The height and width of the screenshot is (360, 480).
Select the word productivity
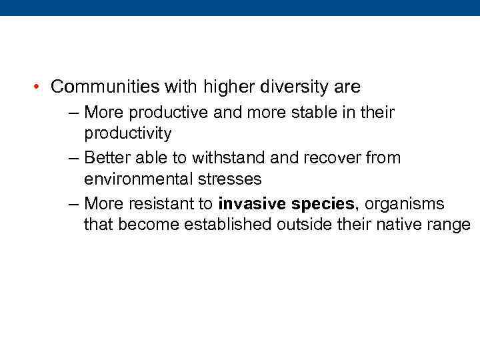pos(127,133)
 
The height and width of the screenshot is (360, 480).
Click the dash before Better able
pos(73,158)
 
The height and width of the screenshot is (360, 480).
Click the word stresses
pos(230,179)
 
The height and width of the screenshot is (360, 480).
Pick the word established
pos(225,225)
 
